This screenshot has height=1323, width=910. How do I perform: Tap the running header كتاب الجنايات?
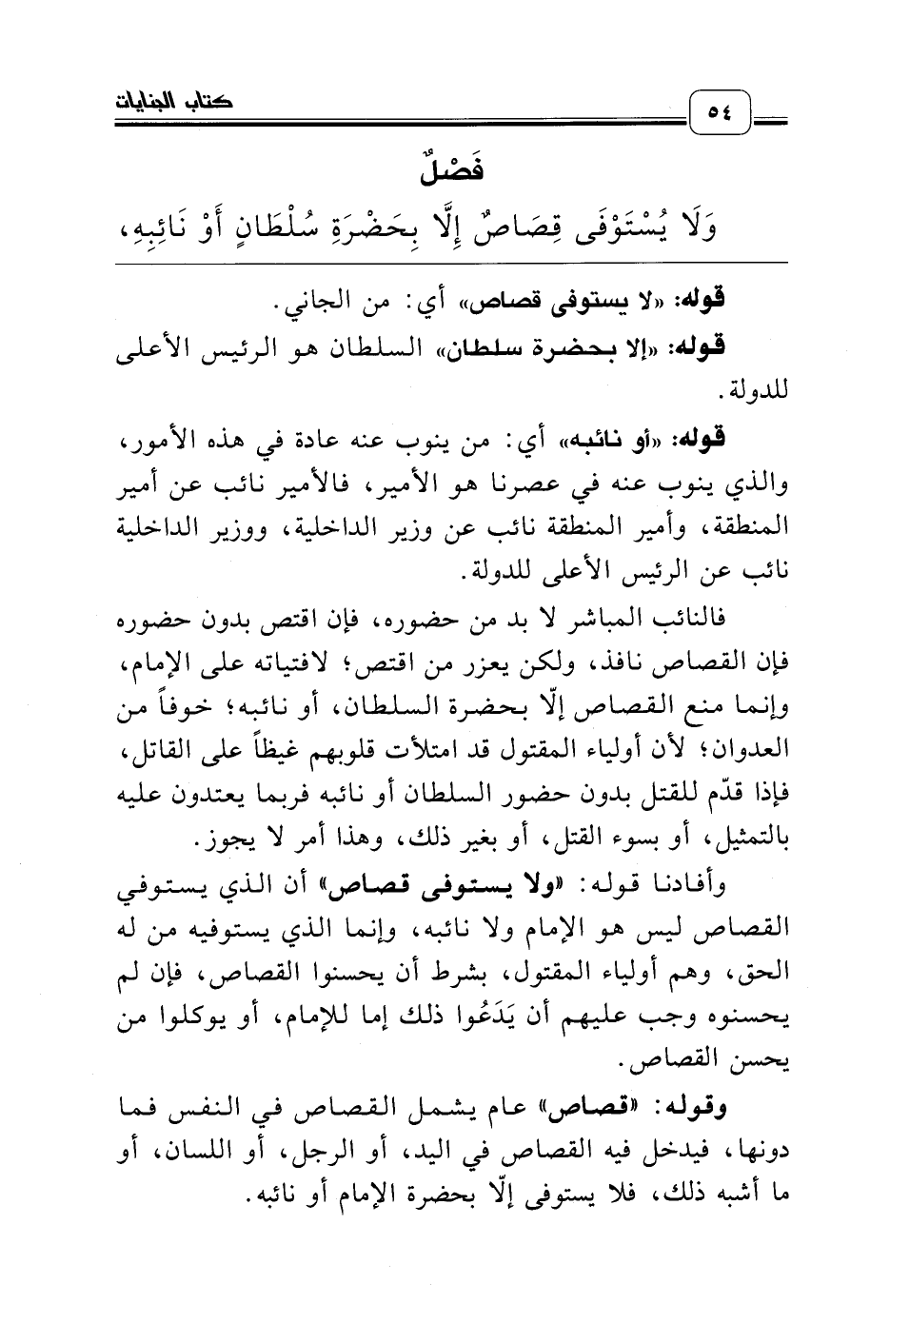168,99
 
